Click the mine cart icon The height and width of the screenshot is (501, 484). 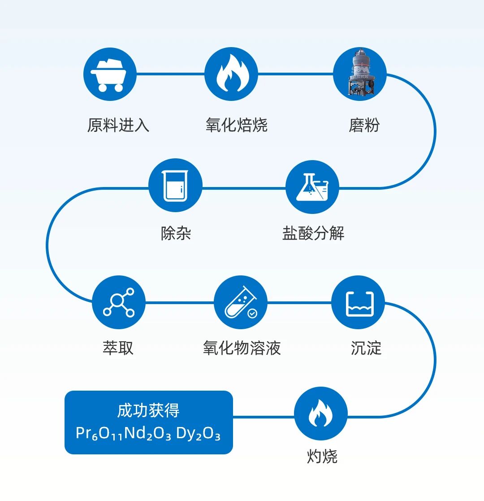tap(110, 74)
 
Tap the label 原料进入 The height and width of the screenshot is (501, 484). tap(118, 125)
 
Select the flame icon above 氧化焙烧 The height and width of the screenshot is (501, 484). tap(231, 74)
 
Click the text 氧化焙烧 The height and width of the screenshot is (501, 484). tap(237, 125)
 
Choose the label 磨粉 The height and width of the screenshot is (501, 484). tap(364, 125)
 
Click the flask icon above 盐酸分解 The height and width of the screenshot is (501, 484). tap(312, 187)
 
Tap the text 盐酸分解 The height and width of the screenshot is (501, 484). tap(313, 233)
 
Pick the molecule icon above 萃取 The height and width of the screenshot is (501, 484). tap(119, 302)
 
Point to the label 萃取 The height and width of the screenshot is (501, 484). tap(118, 348)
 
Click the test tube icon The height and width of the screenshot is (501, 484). tap(241, 302)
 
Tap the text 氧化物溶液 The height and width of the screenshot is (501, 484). tap(242, 348)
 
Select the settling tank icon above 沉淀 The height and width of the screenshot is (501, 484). tap(358, 302)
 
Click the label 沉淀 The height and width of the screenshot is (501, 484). tap(366, 348)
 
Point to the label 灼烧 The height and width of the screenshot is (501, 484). tap(322, 457)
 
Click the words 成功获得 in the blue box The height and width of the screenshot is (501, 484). tap(148, 410)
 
